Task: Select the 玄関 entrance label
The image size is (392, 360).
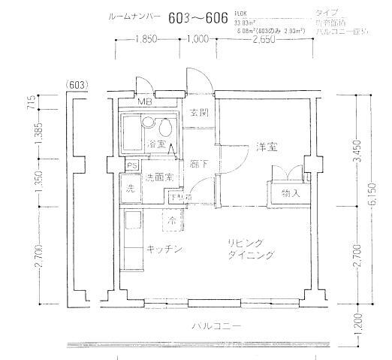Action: point(198,113)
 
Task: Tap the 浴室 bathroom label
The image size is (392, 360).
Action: point(156,143)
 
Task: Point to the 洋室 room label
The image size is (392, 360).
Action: point(264,147)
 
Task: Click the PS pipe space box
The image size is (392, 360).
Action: point(131,166)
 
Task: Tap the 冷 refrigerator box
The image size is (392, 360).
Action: point(173,221)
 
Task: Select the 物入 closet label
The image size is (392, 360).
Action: point(291,194)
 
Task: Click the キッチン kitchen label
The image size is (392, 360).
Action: point(164,250)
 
